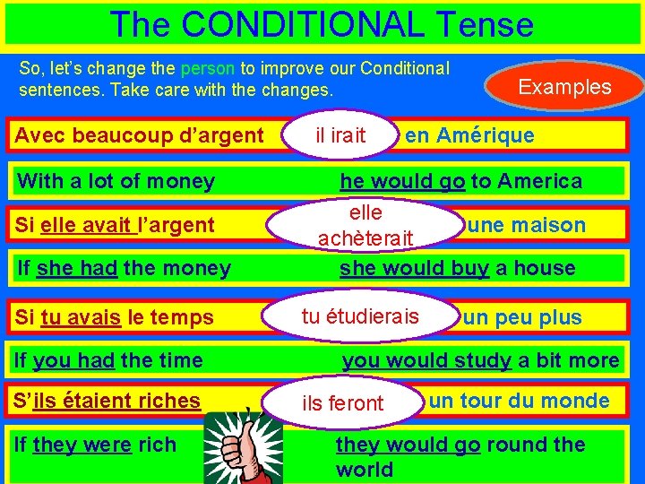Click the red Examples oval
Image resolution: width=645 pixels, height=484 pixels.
coord(564,87)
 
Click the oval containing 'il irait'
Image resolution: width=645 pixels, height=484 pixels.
coord(341,135)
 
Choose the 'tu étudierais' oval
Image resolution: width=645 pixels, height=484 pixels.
coord(360,316)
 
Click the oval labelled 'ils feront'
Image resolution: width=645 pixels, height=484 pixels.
coord(343,403)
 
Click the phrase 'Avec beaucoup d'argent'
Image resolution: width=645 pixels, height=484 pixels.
coord(140,136)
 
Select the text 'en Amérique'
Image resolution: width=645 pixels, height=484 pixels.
coord(469,136)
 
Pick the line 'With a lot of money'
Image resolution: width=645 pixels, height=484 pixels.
coord(116,181)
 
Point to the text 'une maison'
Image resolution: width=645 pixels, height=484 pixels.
coord(527,225)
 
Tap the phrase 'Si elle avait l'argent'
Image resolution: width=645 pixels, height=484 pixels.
coord(115,225)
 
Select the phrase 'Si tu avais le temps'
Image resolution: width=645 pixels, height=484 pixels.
coord(115,317)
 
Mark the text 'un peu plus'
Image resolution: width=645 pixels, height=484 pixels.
coord(522,317)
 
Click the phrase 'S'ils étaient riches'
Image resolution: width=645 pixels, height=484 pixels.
coord(107,401)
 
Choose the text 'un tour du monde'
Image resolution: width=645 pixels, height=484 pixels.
coord(519,401)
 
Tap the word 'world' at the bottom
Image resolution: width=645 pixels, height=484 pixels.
coord(365,470)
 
